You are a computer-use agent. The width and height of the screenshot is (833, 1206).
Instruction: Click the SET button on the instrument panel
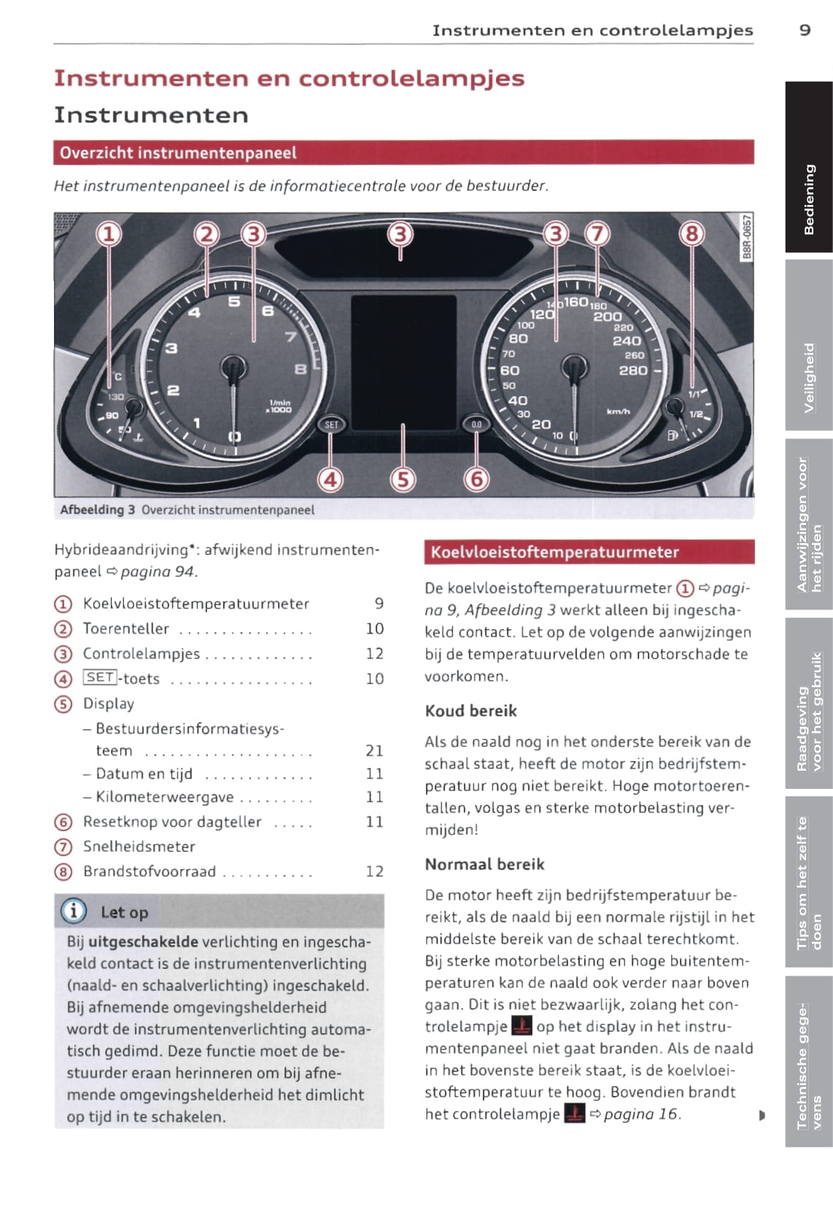coord(331,424)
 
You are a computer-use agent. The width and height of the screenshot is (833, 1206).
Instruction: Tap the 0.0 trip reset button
coord(476,424)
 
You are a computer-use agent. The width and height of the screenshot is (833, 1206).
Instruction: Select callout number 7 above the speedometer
coord(597,234)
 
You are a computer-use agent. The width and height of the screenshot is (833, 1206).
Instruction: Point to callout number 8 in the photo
coord(691,234)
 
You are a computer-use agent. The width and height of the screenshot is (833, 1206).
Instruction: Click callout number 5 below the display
coord(403,479)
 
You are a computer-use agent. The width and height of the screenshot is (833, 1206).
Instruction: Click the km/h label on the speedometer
coord(618,412)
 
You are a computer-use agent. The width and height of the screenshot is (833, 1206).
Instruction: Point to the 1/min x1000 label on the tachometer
coord(280,406)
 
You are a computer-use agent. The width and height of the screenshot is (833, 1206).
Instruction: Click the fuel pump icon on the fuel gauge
coord(672,435)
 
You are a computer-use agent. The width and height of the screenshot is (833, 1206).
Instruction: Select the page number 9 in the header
coord(805,30)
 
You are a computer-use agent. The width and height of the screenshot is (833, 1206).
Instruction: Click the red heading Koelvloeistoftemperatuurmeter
coord(554,552)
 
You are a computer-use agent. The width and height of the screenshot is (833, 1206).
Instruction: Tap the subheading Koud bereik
coord(471,711)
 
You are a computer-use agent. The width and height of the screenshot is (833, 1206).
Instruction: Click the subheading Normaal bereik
coord(485,864)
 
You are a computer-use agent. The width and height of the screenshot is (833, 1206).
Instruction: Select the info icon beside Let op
coord(74,911)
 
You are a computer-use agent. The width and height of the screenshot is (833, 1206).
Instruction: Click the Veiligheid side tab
coord(809,378)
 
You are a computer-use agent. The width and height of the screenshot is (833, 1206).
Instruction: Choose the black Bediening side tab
coord(809,199)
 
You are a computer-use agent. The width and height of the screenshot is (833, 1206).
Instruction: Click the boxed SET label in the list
coord(99,677)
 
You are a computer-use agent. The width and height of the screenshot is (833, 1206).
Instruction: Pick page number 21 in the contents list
coord(374,750)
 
